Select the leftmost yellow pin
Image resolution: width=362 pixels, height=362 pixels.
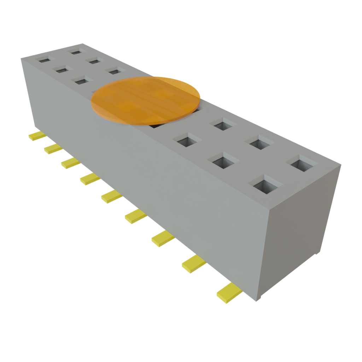point(36,136)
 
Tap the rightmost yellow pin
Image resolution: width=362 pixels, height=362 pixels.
point(229,293)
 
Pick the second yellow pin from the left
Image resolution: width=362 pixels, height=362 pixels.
point(53,149)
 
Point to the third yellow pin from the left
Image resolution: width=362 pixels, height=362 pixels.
point(70,163)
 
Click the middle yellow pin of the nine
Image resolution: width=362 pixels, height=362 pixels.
point(111,197)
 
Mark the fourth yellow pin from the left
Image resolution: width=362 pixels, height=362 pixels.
point(90,179)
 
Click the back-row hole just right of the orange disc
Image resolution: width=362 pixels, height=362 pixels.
point(223,124)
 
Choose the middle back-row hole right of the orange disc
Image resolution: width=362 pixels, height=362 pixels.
point(262,143)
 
